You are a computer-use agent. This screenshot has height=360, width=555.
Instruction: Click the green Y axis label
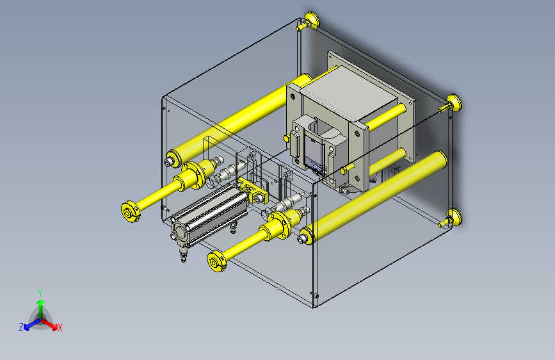point(40,293)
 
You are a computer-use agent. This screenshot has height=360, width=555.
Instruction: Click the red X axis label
point(60,327)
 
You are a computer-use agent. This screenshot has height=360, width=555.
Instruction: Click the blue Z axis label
point(21,327)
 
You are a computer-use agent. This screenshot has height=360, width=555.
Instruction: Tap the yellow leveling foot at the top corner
point(309,21)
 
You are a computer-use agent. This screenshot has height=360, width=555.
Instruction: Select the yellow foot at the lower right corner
point(451,218)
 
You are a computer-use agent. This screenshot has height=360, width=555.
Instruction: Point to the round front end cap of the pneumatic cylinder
point(180,233)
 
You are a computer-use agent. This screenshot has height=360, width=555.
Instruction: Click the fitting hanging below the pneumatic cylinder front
point(183,254)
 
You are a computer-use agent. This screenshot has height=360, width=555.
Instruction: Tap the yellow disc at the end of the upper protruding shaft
point(129,211)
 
